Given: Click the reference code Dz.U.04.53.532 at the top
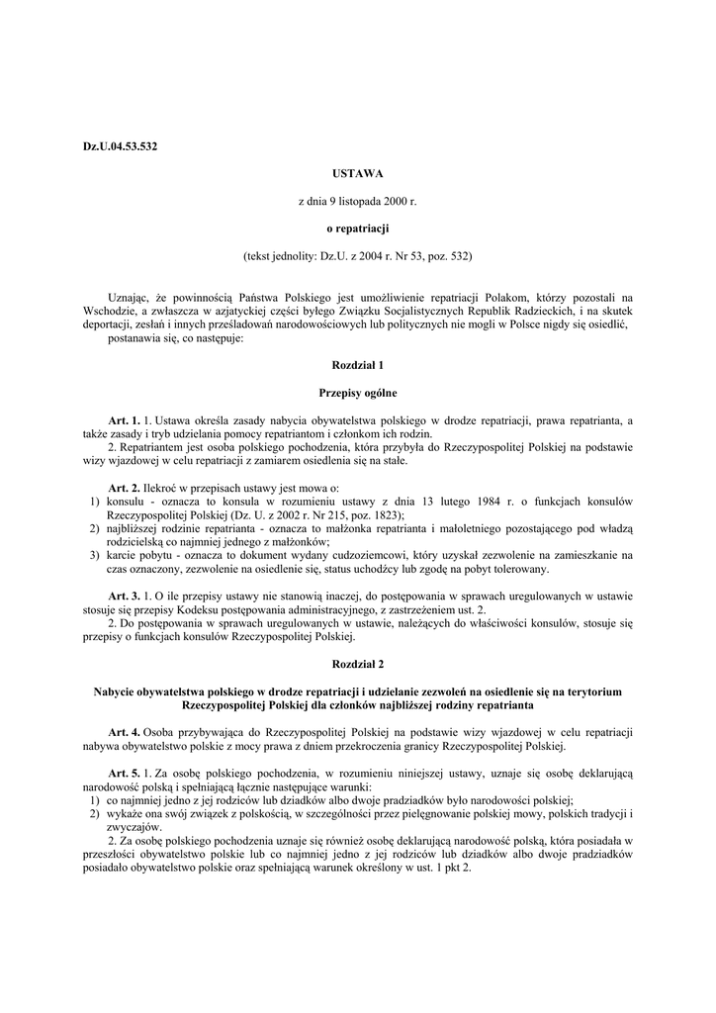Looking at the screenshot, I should click(120, 146).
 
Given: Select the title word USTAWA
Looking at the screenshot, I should click(357, 173).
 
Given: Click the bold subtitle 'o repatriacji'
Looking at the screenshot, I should click(357, 229).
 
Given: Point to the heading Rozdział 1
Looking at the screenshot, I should click(357, 365).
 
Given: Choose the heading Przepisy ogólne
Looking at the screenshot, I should click(357, 392).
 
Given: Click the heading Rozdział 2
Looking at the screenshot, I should click(357, 665).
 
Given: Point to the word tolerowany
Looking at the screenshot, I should click(520, 569).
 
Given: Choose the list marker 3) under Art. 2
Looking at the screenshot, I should click(93, 556).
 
